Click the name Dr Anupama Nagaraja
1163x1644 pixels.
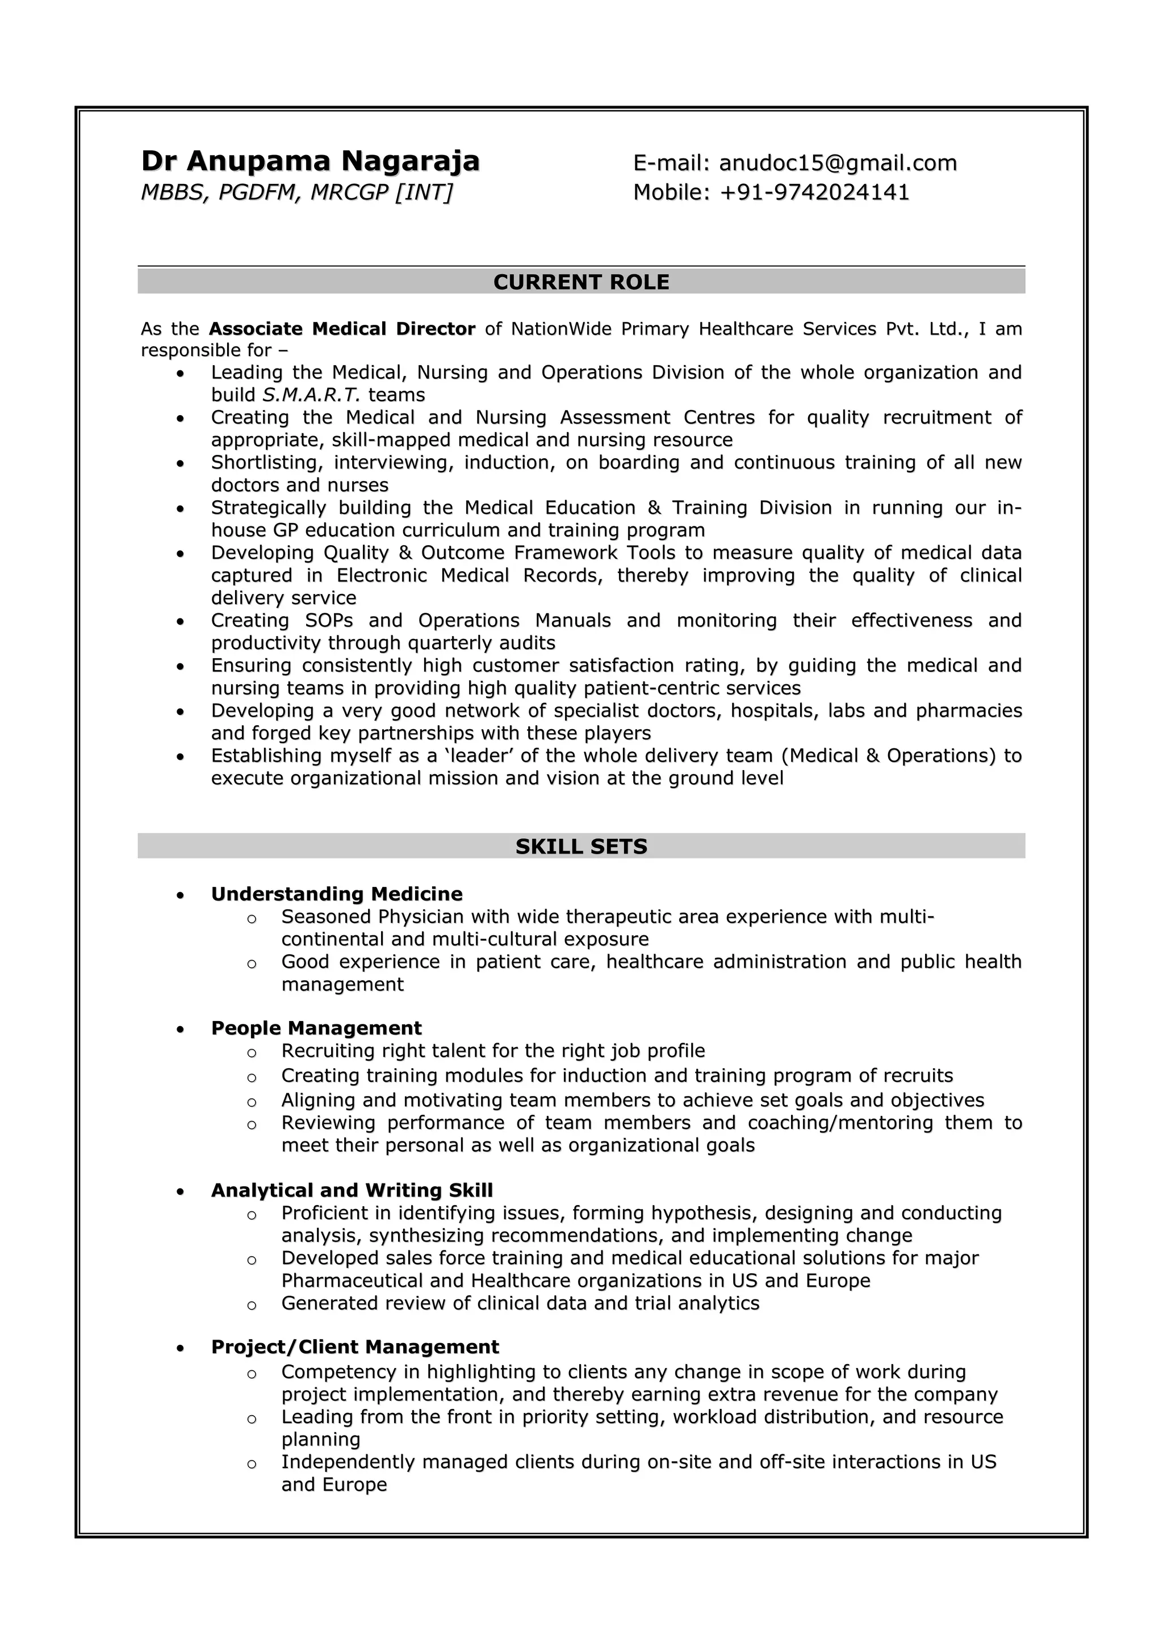(310, 161)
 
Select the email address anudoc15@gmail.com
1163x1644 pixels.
(837, 163)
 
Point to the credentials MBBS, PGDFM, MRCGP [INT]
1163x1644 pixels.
(296, 193)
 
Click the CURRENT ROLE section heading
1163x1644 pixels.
(581, 282)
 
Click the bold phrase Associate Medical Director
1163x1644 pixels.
(342, 329)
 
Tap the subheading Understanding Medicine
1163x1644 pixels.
(337, 894)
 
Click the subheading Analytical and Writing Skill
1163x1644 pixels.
(352, 1190)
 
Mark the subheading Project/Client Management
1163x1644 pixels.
(354, 1347)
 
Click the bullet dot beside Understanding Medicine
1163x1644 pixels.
(181, 895)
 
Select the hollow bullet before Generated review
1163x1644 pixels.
(252, 1304)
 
